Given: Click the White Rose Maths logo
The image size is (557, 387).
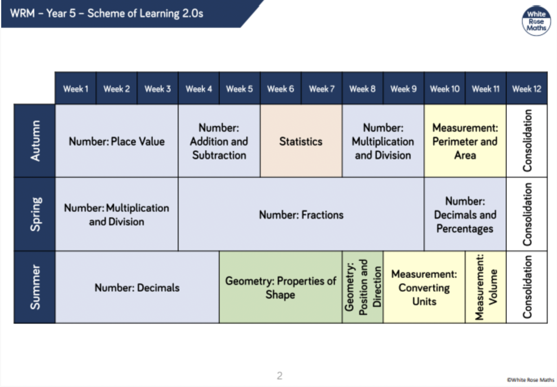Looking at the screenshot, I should pos(536,21).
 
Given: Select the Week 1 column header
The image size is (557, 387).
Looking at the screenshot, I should pos(75,89).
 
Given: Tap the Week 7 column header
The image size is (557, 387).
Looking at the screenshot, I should pos(322,89).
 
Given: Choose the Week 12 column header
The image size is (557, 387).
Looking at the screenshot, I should pos(526,89).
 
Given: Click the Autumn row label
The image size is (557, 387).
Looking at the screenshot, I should pos(35,141).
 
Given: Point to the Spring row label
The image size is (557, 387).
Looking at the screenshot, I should pos(35,214).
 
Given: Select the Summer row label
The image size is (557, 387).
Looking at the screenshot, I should pos(35,287).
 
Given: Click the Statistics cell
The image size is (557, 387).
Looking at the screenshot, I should pos(301,141).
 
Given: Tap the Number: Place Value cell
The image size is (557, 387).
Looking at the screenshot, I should pos(116,141).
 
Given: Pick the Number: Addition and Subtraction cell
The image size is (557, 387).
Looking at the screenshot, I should pos(219,141).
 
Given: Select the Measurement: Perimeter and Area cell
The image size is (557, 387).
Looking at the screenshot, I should pos(465,141).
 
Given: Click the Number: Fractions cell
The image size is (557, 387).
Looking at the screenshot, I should pos(301,214).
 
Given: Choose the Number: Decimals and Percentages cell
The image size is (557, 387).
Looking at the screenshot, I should pos(465,214).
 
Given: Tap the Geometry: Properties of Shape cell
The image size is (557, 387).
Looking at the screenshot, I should pos(280,287).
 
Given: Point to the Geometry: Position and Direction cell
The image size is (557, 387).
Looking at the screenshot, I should pos(363,287).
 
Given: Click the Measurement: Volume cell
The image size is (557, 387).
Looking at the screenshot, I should pos(485,287).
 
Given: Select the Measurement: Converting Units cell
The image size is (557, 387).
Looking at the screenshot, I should pos(424,287).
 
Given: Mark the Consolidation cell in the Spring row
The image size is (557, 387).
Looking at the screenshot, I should pos(526,214).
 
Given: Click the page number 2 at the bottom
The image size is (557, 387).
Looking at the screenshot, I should pos(279,376).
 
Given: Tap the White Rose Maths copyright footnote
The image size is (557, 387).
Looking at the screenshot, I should pos(530,380).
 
